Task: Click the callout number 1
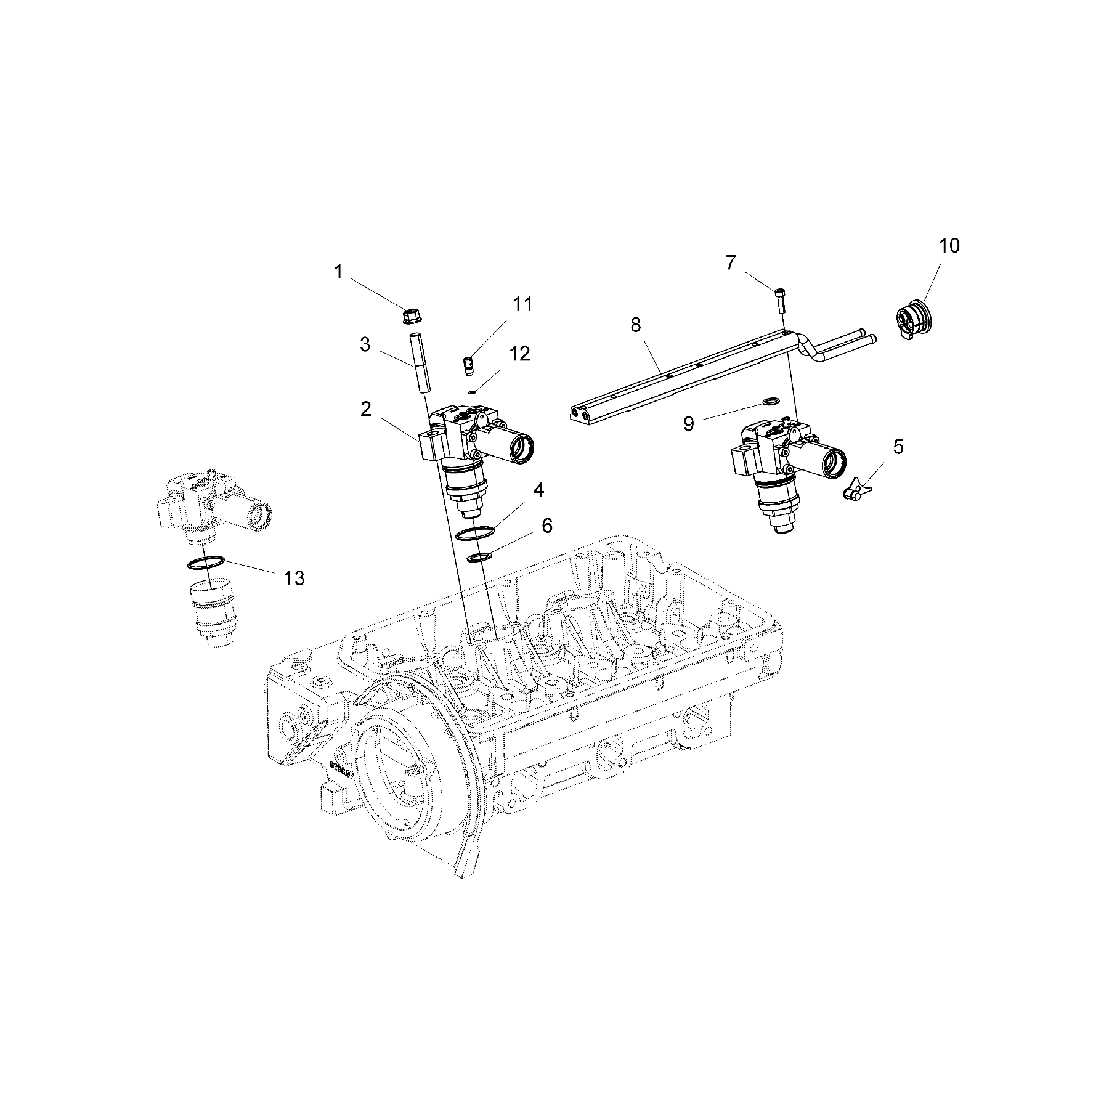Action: click(338, 272)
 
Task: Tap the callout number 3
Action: click(365, 344)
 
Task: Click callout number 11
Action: click(522, 304)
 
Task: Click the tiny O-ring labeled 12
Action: click(471, 392)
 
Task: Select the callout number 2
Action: click(366, 408)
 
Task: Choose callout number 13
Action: click(294, 578)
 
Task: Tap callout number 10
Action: click(949, 246)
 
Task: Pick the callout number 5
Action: click(898, 447)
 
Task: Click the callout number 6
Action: click(546, 526)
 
